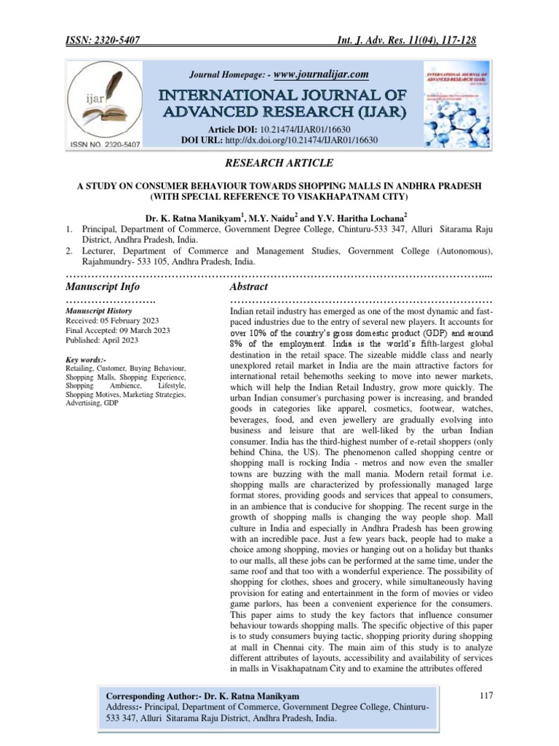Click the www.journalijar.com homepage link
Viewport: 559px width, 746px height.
[320, 74]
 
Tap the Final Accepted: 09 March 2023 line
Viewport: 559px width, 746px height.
[117, 331]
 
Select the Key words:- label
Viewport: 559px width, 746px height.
[85, 360]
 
